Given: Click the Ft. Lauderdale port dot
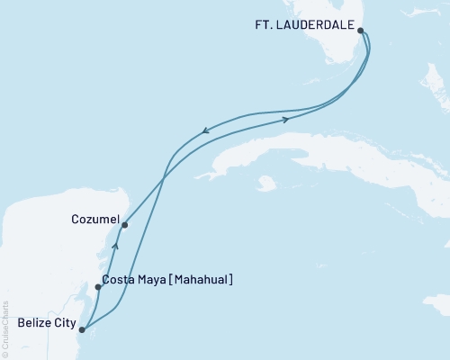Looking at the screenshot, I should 361,30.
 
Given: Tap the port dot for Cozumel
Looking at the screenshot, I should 124,225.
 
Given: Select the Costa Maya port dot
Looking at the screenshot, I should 98,287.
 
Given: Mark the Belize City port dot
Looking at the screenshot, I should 82,329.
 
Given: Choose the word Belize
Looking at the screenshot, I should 32,321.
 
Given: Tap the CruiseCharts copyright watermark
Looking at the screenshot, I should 4,329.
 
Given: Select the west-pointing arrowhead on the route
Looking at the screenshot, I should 206,131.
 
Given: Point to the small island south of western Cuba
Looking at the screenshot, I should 265,184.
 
